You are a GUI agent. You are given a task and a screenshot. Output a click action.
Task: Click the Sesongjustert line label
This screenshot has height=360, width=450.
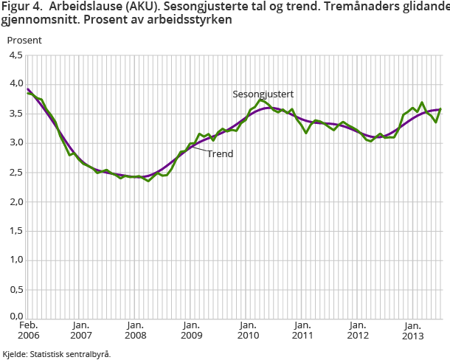[263, 94]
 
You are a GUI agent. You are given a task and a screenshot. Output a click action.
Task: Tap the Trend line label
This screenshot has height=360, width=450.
[220, 155]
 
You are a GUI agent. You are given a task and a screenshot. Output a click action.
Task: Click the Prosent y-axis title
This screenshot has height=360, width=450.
[24, 40]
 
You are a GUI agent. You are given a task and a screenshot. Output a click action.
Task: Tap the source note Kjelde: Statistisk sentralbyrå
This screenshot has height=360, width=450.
[57, 353]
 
